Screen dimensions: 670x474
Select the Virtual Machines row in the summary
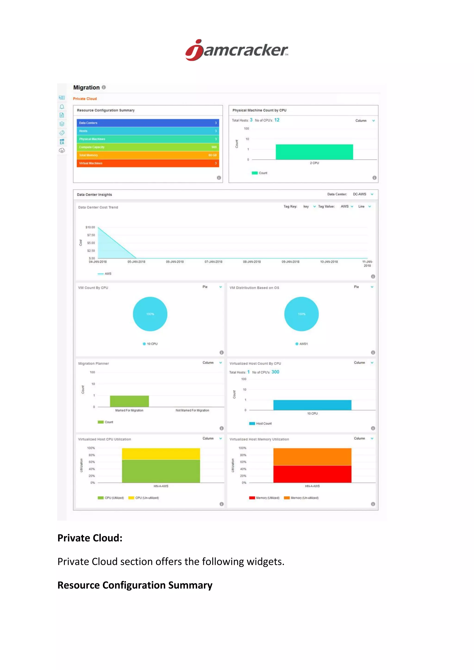(148, 163)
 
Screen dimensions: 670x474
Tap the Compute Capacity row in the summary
(148, 147)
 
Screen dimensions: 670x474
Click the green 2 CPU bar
(314, 152)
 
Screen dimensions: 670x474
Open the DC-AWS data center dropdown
(363, 194)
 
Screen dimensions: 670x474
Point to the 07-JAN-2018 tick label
(213, 262)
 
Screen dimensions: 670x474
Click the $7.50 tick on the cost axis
(91, 235)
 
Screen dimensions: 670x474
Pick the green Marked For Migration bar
(129, 401)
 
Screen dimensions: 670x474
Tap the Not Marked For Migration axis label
(192, 410)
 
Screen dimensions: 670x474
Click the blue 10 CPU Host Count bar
(312, 405)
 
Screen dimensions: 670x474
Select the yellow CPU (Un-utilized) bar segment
(161, 454)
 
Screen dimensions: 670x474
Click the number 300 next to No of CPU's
(275, 372)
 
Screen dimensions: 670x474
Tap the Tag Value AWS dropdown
(347, 206)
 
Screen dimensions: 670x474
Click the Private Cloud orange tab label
(85, 99)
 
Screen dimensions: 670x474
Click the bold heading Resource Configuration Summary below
(135, 585)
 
